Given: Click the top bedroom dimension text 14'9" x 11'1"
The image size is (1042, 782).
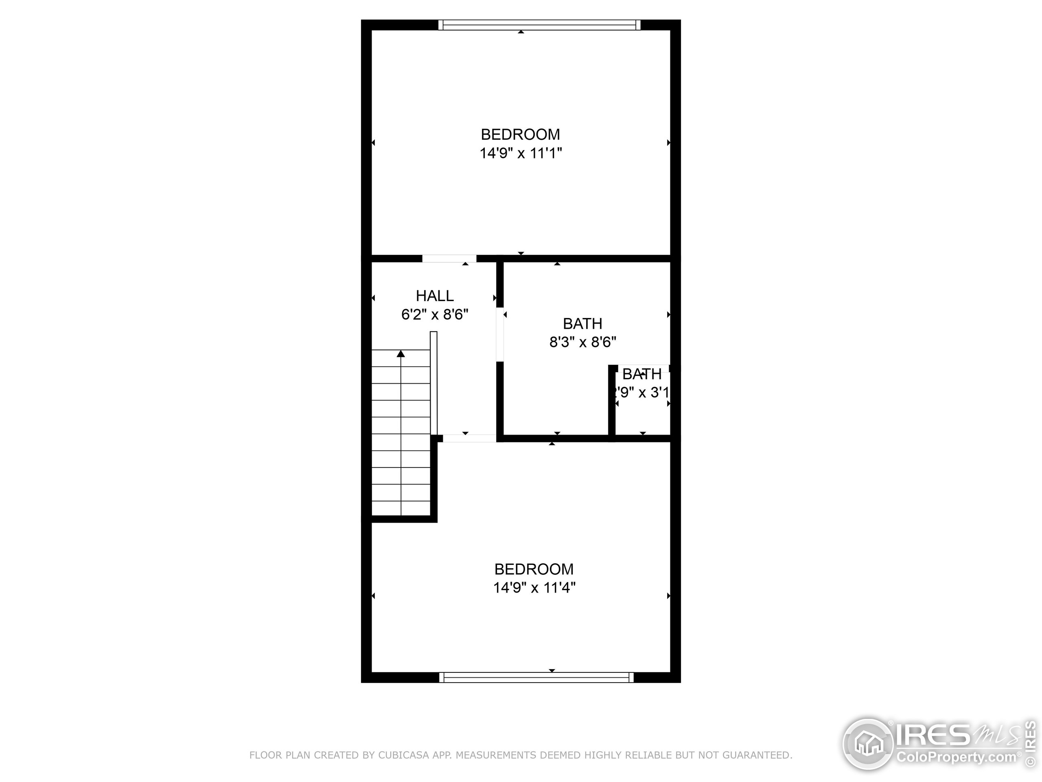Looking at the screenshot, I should click(521, 153).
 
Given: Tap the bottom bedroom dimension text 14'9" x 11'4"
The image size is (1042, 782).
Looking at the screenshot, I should click(534, 588).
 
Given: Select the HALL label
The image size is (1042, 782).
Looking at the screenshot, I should click(434, 296).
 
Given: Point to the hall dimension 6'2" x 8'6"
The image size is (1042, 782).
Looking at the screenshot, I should click(434, 314).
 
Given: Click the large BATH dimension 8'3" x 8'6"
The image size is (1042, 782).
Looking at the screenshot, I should click(583, 342).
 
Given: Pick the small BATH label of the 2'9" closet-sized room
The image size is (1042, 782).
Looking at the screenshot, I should click(641, 374).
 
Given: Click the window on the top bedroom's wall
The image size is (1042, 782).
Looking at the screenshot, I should click(539, 25).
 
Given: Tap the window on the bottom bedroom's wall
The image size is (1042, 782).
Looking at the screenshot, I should click(536, 677).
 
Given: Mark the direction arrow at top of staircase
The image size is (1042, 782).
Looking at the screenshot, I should click(401, 354).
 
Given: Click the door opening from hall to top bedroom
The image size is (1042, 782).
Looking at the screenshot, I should click(449, 258).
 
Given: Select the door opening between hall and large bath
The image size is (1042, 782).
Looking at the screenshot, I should click(500, 335).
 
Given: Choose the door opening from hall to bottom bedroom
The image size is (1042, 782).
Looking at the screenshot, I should click(469, 438).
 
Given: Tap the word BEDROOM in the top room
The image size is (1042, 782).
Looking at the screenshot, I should click(521, 134).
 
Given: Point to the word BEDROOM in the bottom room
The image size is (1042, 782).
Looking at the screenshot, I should click(534, 569).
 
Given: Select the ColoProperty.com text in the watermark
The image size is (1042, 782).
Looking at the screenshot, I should click(956, 757).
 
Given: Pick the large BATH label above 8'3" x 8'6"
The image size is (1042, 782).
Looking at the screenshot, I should click(583, 324).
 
